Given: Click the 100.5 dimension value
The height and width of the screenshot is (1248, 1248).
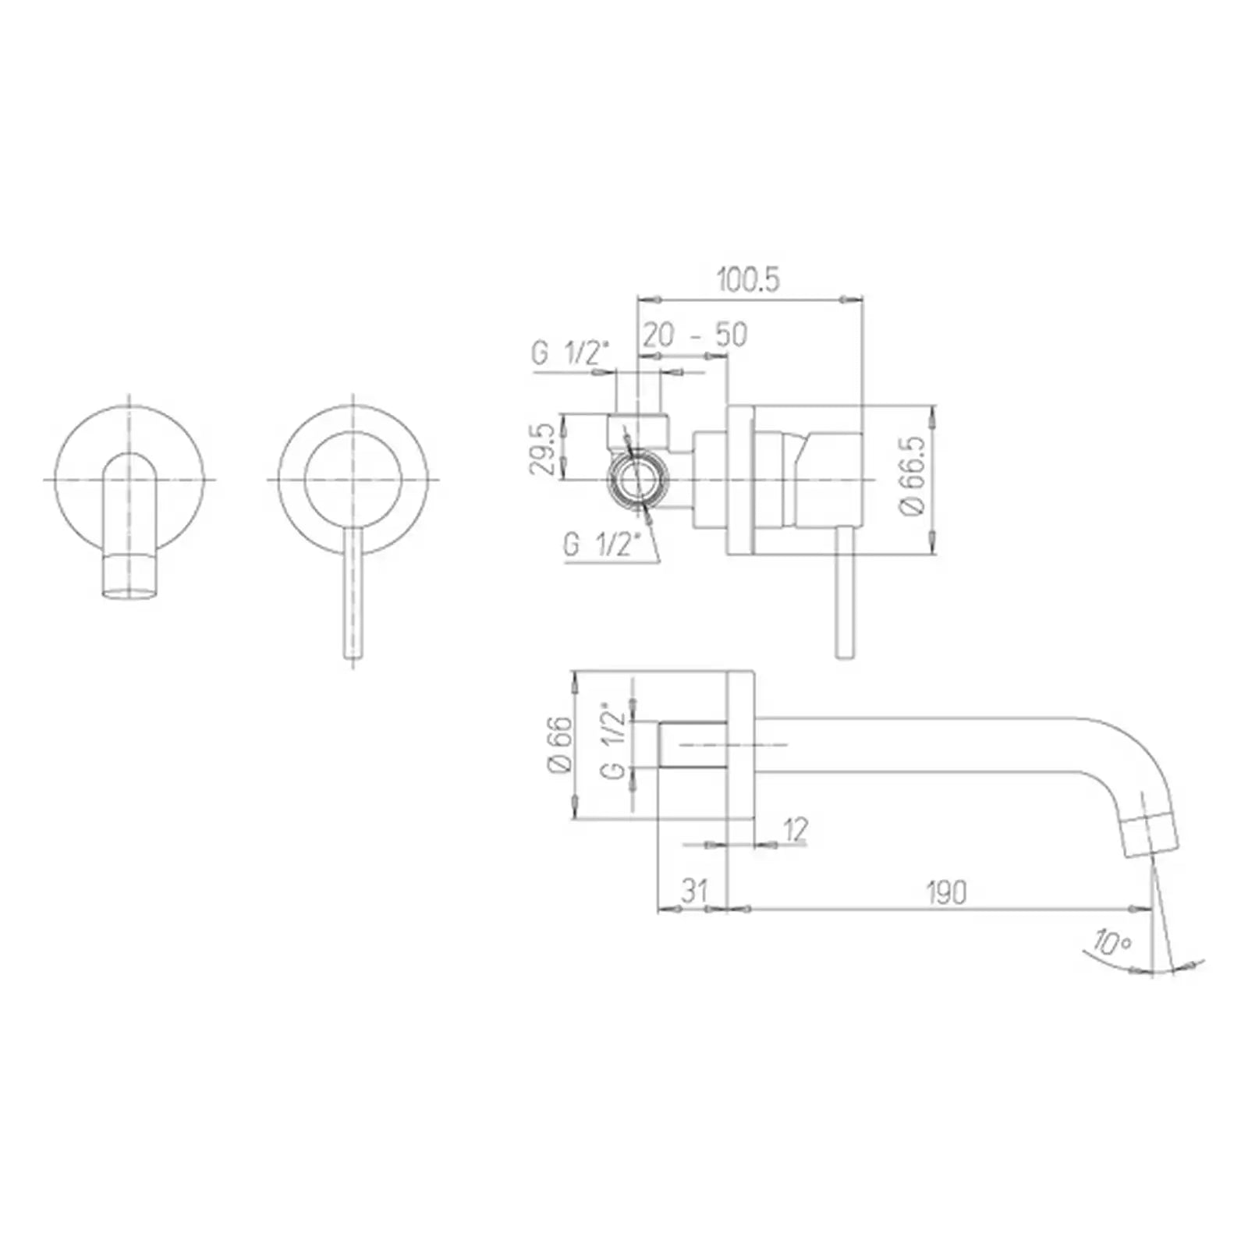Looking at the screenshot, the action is coord(748,279).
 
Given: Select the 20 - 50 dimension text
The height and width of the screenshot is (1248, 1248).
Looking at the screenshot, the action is coord(695,335).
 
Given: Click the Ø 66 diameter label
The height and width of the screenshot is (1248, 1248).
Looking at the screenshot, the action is coord(561,745).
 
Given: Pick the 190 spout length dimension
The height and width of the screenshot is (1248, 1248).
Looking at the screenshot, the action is coord(946,892).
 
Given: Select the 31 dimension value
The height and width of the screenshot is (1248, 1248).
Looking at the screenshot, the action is coord(693,890).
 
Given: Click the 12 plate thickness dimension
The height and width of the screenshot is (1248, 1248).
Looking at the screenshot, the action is coord(795,830).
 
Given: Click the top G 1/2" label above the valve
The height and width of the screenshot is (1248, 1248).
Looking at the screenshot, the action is coord(569,353).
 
